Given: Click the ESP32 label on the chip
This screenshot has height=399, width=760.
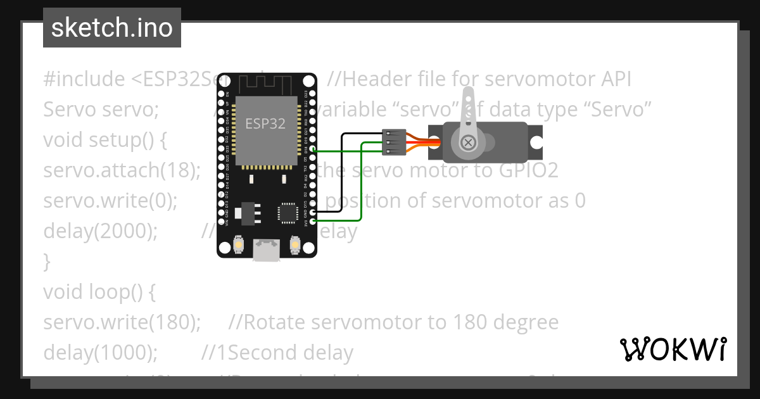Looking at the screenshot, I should pyautogui.click(x=265, y=123).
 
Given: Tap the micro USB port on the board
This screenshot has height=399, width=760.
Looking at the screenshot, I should pyautogui.click(x=266, y=250).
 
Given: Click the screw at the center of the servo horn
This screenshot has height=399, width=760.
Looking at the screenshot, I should pyautogui.click(x=469, y=142).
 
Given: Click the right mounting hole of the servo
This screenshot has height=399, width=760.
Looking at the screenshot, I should pyautogui.click(x=536, y=142).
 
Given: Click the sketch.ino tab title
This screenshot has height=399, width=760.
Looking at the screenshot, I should pyautogui.click(x=111, y=28).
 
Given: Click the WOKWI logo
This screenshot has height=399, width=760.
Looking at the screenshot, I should pyautogui.click(x=673, y=348).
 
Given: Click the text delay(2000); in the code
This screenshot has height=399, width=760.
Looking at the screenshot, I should pyautogui.click(x=100, y=231).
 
